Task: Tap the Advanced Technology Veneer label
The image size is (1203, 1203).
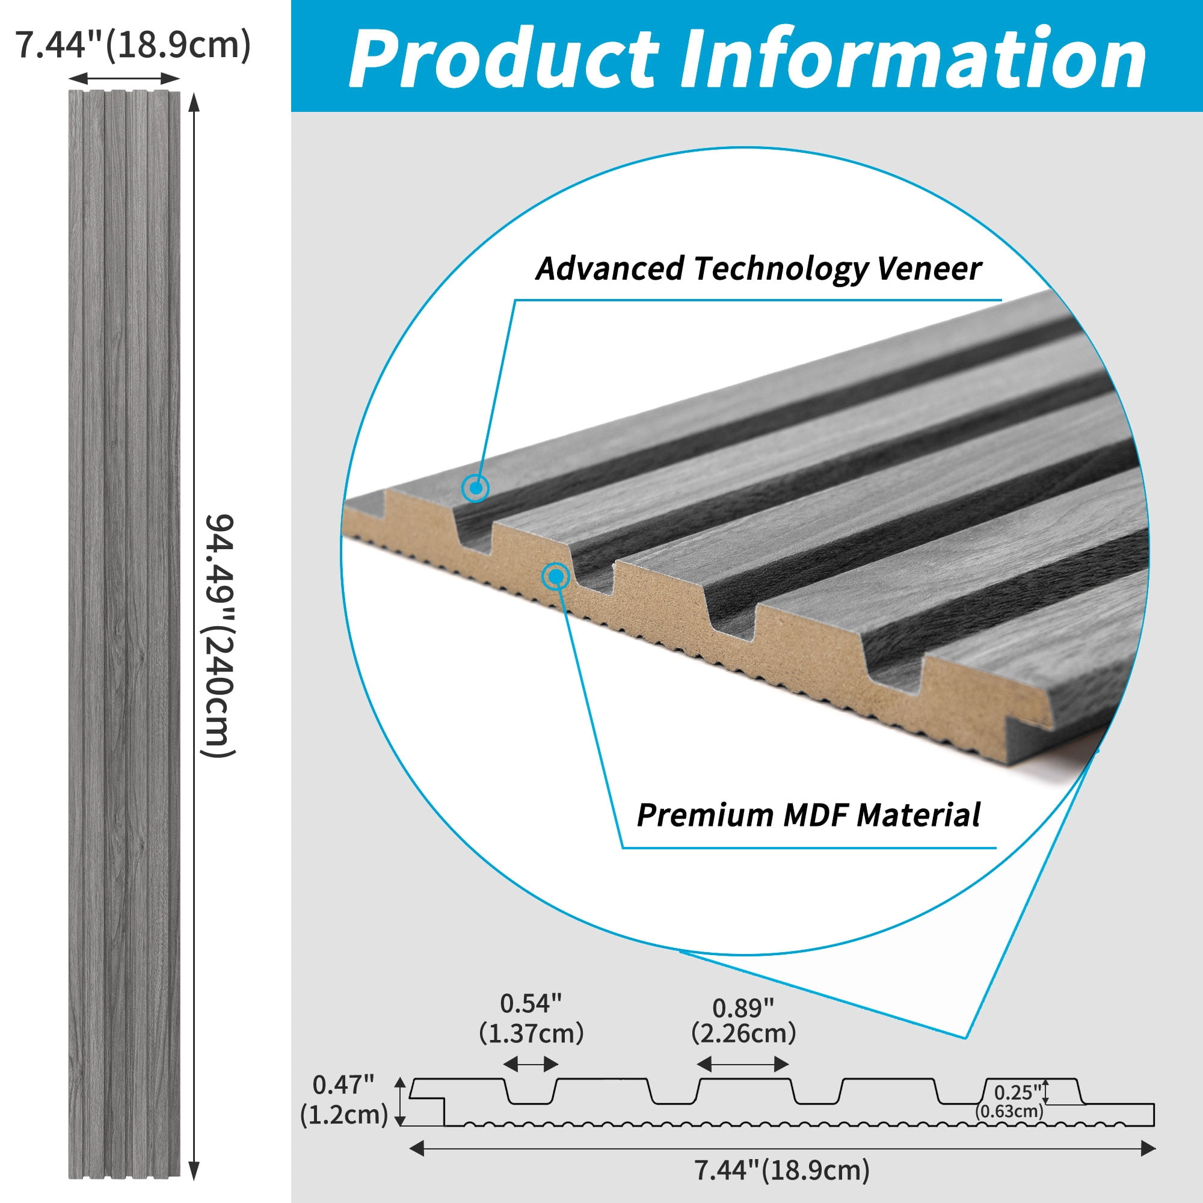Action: coord(758,269)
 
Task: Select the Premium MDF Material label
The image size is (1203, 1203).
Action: coord(808,815)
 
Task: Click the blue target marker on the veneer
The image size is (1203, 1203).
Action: coord(475,488)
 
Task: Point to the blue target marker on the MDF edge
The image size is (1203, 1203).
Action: coord(555,577)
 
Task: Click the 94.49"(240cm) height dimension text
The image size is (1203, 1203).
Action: coord(219,636)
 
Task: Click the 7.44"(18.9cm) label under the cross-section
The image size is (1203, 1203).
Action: coord(781,1170)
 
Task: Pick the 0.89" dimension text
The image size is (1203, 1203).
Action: coord(743,1008)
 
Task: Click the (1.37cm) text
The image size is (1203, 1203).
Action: coord(531,1033)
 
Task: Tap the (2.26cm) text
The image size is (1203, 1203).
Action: coord(743,1033)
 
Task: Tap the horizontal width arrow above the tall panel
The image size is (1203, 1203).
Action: coord(124,78)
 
